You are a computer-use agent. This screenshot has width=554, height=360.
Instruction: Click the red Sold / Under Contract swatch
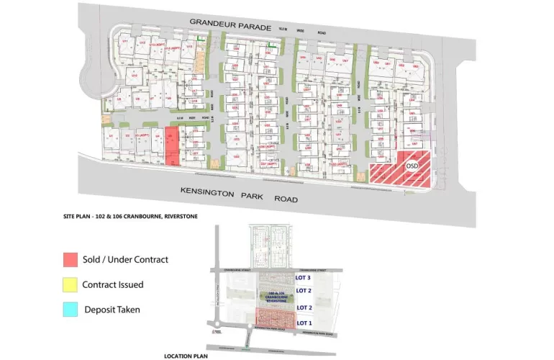click(x=69, y=259)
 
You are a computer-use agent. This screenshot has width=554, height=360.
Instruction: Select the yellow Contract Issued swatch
click(x=69, y=284)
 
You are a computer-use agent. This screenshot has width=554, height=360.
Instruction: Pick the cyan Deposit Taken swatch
click(x=69, y=310)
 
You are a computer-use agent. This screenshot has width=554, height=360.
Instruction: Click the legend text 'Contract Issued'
click(x=113, y=284)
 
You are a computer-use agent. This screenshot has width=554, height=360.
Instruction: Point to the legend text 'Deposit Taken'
click(x=112, y=310)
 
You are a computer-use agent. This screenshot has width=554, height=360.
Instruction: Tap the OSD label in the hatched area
click(x=412, y=166)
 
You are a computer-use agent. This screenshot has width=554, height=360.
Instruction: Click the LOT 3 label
click(x=304, y=277)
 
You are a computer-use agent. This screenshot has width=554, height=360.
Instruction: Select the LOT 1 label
click(x=304, y=323)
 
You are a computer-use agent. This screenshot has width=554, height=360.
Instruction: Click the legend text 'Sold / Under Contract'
click(x=125, y=259)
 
